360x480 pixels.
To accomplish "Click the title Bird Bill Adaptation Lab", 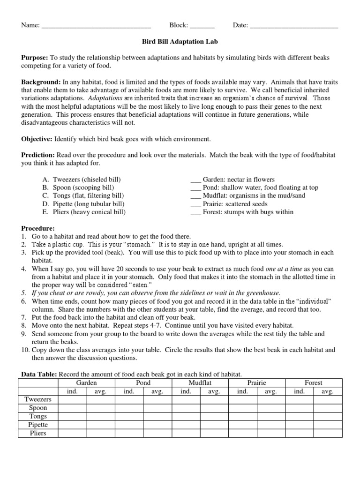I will click(180, 41).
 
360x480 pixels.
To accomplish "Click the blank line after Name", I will click(96, 26).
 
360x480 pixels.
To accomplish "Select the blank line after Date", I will click(294, 26).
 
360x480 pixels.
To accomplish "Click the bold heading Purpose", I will click(35, 58).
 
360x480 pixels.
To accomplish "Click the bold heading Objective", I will click(37, 139).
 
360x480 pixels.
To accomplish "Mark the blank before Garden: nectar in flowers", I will click(195, 180).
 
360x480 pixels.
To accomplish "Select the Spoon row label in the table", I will click(38, 408).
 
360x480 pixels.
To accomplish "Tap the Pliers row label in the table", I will click(38, 433).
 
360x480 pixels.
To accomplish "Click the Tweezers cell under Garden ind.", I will click(72, 400).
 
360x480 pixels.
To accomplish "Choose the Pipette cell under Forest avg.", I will click(328, 425).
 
